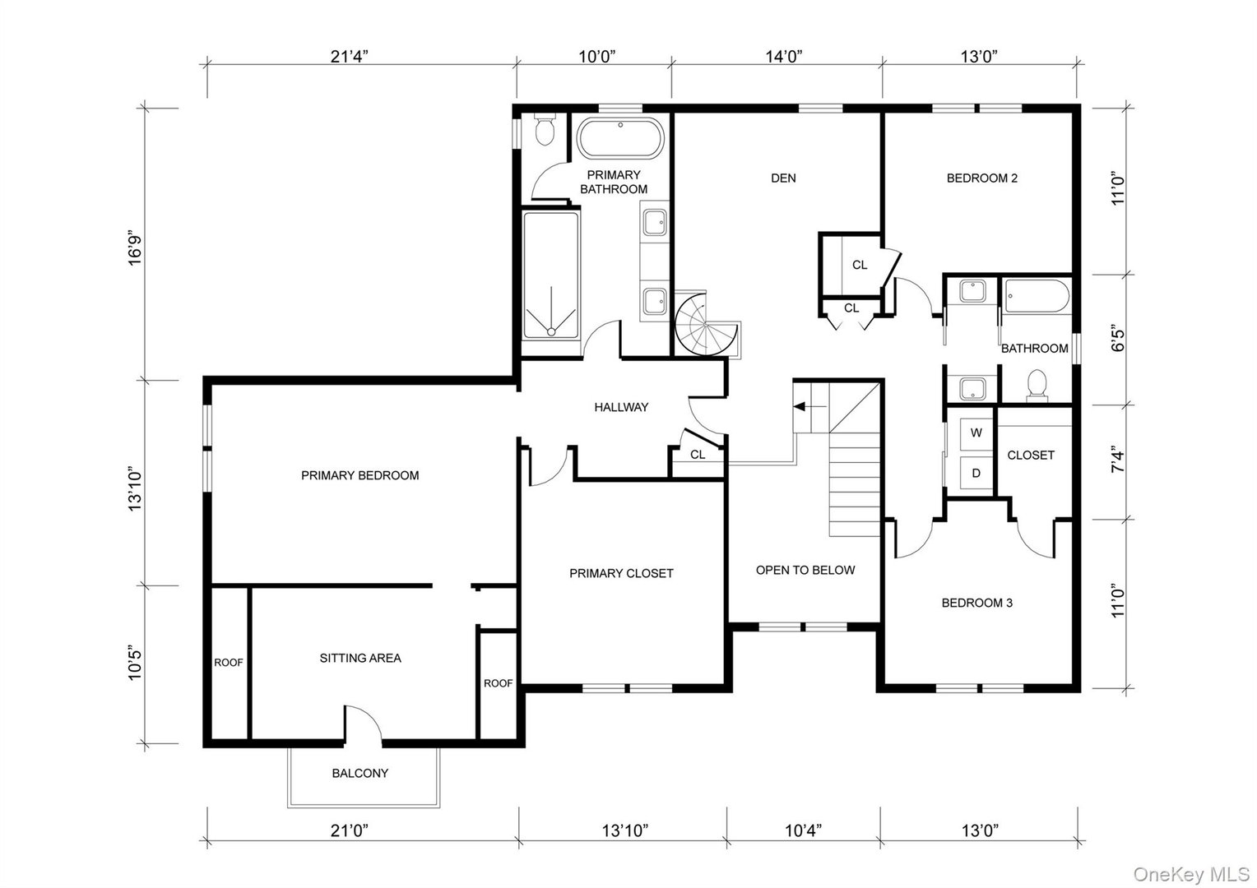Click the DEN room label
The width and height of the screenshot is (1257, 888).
pos(783,178)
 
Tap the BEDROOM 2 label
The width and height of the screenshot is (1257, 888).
pos(981,178)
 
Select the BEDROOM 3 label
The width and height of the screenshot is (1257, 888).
pos(976,603)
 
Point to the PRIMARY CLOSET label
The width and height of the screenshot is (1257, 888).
pos(621,573)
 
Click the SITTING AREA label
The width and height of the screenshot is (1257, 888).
pos(360,658)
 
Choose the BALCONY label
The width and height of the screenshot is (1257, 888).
pos(359,773)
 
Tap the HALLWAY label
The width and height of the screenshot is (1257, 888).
pos(621,407)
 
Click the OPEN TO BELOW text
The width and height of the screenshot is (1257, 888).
pos(805,570)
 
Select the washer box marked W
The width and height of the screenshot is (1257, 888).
pos(976,433)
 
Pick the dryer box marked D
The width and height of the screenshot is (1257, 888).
pos(976,473)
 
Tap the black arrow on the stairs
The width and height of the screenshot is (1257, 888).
pos(801,406)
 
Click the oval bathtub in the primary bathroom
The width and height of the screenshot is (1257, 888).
pos(619,139)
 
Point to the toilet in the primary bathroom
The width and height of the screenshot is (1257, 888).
pos(545,131)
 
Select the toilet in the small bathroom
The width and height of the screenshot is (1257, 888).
pos(1037,385)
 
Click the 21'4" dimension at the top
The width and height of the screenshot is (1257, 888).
pos(350,57)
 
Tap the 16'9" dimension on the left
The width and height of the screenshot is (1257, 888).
pos(135,250)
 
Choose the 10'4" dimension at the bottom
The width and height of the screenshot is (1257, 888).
pos(804,830)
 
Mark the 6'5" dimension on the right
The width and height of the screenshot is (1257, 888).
pos(1117,340)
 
